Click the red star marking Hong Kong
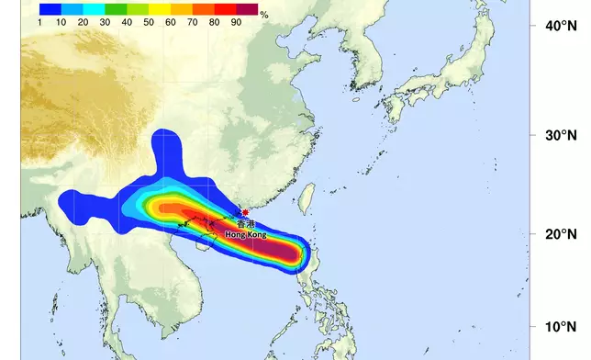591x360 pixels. (245, 212)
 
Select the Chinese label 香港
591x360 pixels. (245, 223)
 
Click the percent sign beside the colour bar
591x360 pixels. (264, 16)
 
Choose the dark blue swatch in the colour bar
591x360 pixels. (51, 7)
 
